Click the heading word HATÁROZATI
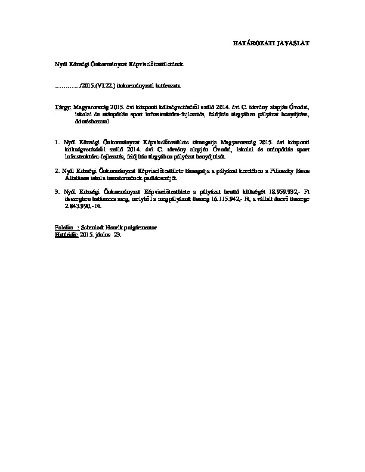coord(249,44)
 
